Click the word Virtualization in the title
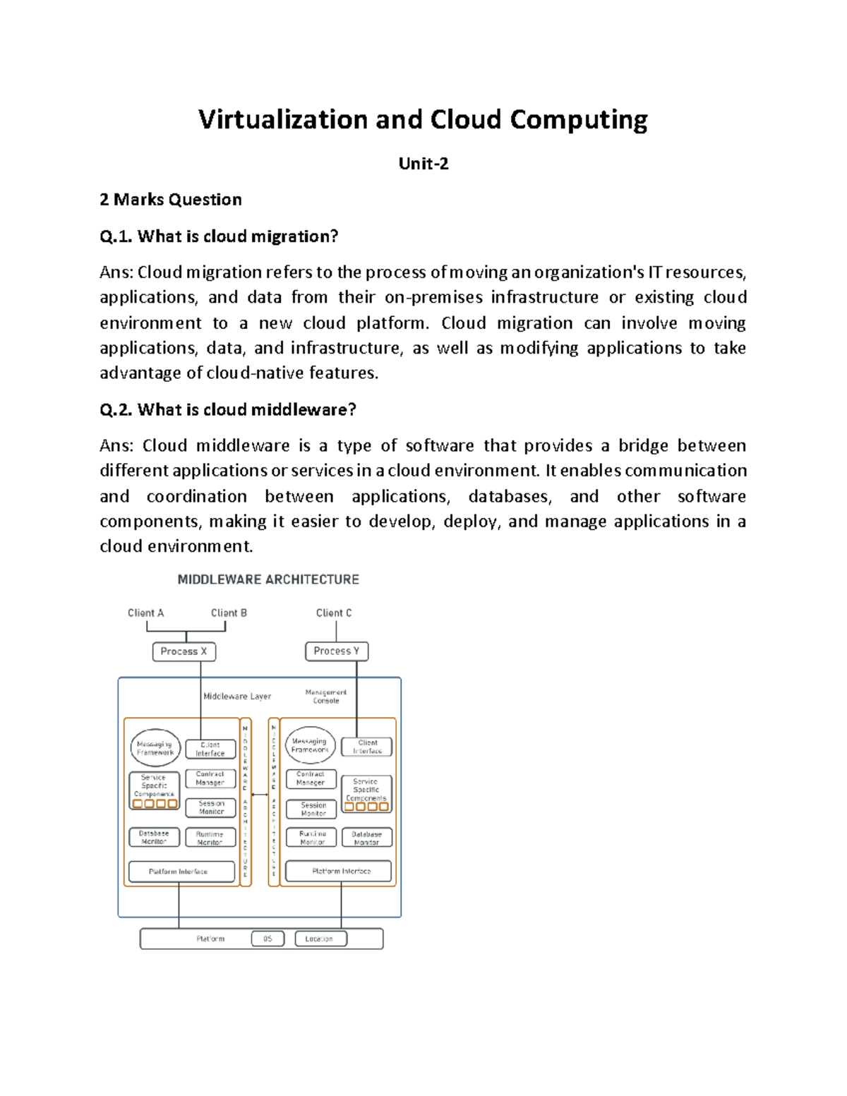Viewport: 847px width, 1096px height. coord(282,120)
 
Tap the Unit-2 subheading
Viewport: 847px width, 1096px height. coord(423,164)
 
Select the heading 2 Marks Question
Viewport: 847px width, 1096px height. coord(171,200)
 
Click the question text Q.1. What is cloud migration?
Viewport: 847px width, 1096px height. coord(219,236)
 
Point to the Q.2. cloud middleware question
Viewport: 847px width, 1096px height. coord(228,409)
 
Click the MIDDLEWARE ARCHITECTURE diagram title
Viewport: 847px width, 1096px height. coord(268,579)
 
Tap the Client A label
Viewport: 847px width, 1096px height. coord(145,613)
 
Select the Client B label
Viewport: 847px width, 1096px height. coord(229,613)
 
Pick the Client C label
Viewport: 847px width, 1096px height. coord(333,613)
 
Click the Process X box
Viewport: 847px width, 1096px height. coord(184,651)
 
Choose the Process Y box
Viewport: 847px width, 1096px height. coord(337,651)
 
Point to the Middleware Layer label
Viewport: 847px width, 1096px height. coord(237,696)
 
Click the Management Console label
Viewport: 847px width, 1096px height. coord(326,697)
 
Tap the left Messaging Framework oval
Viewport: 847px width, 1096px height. coord(155,748)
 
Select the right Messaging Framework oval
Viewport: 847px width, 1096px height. coord(310,745)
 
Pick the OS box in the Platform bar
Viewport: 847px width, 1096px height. coord(268,939)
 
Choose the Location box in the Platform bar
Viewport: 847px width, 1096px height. coord(320,939)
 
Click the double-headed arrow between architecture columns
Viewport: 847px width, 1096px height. coord(260,795)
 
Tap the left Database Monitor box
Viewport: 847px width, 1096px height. coord(154,837)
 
